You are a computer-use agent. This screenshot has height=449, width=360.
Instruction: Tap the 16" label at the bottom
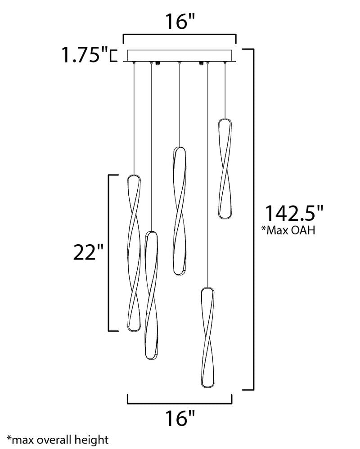(x=180, y=418)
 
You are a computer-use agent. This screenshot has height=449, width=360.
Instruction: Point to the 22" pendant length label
(x=88, y=252)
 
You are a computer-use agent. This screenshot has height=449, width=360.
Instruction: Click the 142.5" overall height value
(x=294, y=213)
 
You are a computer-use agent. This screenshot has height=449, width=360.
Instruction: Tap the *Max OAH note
(x=288, y=230)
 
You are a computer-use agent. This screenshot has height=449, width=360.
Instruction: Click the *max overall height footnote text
(x=58, y=440)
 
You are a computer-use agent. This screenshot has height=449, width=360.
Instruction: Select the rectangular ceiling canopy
(x=180, y=56)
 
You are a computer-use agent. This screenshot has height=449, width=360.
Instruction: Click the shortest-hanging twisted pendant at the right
(x=225, y=169)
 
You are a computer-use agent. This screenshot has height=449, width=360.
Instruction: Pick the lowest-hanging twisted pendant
(x=207, y=337)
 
